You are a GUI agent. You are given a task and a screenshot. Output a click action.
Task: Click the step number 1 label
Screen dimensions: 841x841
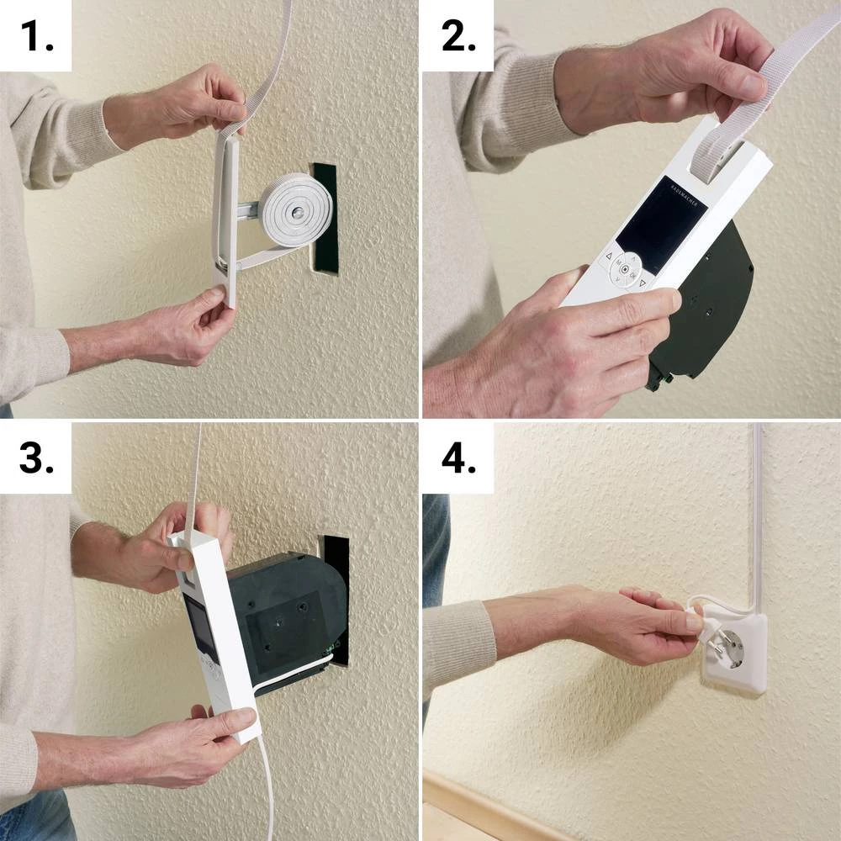[x=35, y=35]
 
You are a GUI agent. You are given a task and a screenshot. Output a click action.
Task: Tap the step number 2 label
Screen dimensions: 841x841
[x=459, y=35]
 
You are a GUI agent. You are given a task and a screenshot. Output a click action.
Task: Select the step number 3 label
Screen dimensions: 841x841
[x=35, y=459]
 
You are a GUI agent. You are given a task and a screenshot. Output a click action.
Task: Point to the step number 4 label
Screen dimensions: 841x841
[x=459, y=459]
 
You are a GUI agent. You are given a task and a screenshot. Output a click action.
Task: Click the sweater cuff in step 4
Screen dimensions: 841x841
[x=458, y=648]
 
